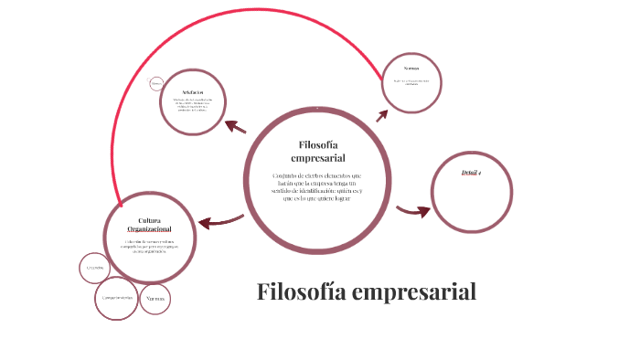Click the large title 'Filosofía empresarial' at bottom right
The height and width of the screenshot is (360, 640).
click(x=366, y=292)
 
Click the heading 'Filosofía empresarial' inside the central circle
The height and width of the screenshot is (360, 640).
click(x=318, y=152)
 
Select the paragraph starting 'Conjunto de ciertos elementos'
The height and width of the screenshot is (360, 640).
click(x=317, y=186)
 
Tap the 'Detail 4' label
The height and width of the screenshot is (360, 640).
click(x=471, y=172)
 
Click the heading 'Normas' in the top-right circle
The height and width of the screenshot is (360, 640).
click(x=412, y=69)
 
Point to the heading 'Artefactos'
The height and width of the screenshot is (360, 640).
click(x=192, y=92)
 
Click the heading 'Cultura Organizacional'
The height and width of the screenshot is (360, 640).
click(x=149, y=225)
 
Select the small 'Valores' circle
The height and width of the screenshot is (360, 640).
click(x=155, y=299)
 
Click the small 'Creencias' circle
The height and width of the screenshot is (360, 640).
click(x=94, y=268)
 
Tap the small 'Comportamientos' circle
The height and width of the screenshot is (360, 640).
click(x=118, y=298)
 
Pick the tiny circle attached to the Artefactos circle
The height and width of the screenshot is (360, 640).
click(x=156, y=84)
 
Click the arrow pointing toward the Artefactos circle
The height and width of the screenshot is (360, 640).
click(x=236, y=127)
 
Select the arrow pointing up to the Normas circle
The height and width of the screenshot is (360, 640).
click(x=381, y=114)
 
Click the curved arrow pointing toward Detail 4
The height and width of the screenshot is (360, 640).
click(x=414, y=211)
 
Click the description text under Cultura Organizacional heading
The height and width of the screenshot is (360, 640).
click(x=149, y=246)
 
